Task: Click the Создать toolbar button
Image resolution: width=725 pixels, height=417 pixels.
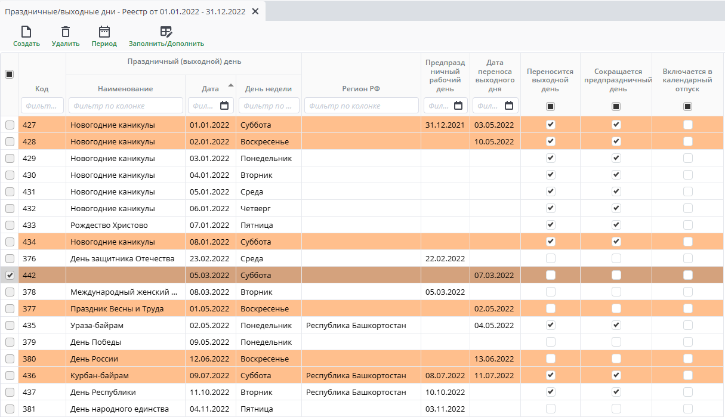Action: (26, 36)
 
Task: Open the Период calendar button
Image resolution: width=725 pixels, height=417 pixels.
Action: (104, 36)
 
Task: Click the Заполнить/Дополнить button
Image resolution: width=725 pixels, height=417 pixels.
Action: (166, 36)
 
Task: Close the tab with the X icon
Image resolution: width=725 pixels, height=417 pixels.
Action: (255, 11)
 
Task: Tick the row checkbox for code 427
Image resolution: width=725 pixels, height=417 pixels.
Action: (10, 125)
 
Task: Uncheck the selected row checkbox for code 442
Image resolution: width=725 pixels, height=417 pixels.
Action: (10, 276)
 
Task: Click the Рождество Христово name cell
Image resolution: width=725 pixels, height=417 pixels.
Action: (109, 226)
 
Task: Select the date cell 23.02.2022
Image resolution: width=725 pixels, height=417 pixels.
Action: (209, 259)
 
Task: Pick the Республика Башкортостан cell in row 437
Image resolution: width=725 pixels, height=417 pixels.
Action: (356, 393)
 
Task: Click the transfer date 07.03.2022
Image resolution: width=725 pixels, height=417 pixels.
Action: (493, 276)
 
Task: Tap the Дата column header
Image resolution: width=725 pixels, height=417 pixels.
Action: (210, 89)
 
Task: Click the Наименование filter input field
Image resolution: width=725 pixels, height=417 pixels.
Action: (125, 106)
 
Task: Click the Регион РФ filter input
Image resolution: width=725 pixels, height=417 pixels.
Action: (361, 106)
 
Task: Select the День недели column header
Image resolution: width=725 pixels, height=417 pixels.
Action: (269, 89)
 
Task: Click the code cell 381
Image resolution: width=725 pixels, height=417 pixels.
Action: (29, 409)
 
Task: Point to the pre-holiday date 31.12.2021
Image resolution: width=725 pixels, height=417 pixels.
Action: (445, 125)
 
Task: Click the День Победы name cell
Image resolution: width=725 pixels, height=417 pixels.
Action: (96, 342)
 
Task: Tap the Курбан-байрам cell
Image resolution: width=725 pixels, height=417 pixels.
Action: (100, 376)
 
